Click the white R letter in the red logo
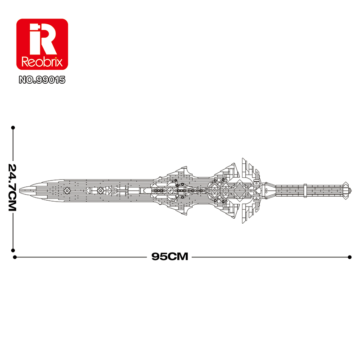47,39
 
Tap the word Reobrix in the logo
42,62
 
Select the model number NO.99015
42,80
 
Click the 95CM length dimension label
170,256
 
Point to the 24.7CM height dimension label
12,187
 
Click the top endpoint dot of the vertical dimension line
13,127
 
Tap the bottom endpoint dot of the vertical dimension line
13,250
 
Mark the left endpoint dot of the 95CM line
15,257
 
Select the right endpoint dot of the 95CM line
350,257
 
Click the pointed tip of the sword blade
19,190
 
